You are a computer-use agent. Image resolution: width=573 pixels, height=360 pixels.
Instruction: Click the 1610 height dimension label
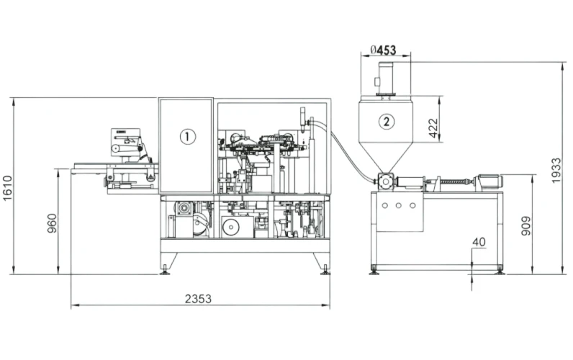[x=7, y=188]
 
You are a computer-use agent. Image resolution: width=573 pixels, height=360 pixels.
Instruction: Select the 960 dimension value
[x=52, y=223]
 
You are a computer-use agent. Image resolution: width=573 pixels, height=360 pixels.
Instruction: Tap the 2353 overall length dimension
[x=198, y=299]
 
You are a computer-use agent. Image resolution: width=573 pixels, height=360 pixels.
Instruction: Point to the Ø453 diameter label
[x=383, y=50]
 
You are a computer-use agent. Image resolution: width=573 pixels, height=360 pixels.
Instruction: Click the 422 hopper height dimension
[x=433, y=128]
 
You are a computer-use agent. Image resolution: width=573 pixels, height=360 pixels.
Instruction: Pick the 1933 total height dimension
[x=556, y=171]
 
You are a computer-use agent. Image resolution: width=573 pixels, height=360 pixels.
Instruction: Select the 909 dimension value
[x=525, y=226]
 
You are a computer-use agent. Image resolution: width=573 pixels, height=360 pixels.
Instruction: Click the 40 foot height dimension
[x=479, y=242]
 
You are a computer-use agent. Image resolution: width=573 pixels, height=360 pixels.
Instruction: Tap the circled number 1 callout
[x=187, y=136]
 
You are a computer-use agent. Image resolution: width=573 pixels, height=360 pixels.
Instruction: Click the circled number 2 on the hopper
[x=387, y=121]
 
